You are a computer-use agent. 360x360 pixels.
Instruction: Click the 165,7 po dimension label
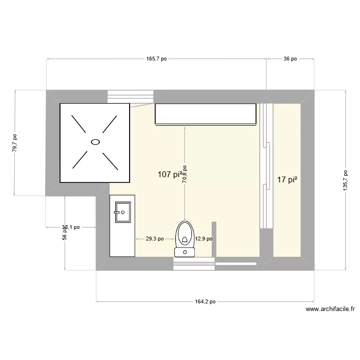tap(156, 59)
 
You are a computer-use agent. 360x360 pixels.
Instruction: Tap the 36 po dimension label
tap(290, 59)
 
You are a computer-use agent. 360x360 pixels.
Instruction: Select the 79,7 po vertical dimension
tap(15, 143)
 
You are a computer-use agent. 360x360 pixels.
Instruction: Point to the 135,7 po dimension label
tap(345, 180)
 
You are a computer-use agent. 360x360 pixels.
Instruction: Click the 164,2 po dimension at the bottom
tap(205, 302)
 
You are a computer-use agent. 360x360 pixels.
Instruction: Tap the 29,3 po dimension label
tap(155, 239)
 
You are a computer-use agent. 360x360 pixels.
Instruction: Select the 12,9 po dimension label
tap(203, 239)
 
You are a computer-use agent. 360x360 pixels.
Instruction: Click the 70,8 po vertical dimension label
tap(185, 175)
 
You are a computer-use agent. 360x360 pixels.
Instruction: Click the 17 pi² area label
tap(287, 180)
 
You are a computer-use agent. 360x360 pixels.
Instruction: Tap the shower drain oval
tap(95, 142)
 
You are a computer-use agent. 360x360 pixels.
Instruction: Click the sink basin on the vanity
tap(122, 212)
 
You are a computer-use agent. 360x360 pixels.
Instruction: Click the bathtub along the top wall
tap(205, 114)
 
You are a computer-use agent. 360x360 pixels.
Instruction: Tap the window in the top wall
tap(131, 96)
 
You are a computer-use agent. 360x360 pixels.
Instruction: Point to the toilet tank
tap(184, 252)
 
